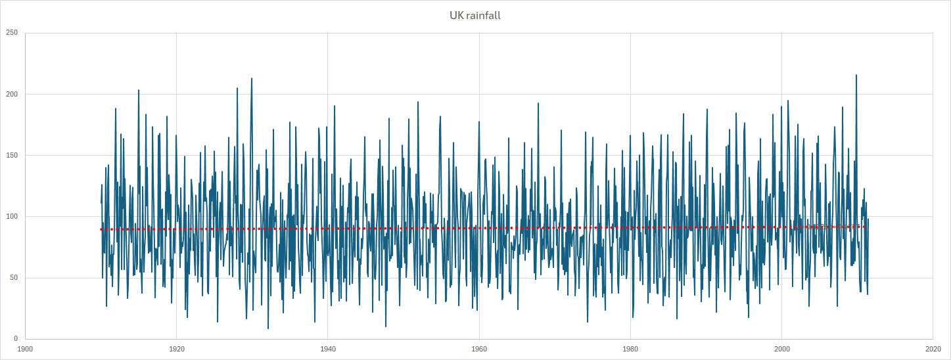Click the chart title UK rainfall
[x=475, y=15]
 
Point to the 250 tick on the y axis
[x=12, y=33]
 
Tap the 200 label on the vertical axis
[x=12, y=94]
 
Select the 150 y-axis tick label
[x=12, y=155]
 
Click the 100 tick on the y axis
[x=12, y=216]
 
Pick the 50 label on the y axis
[x=14, y=277]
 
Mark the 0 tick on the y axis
[x=16, y=338]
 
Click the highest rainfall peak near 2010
[x=856, y=75]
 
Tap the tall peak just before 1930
[x=252, y=78]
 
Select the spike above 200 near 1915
[x=139, y=90]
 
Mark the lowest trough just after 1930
[x=268, y=328]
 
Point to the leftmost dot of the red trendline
[x=101, y=229]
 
